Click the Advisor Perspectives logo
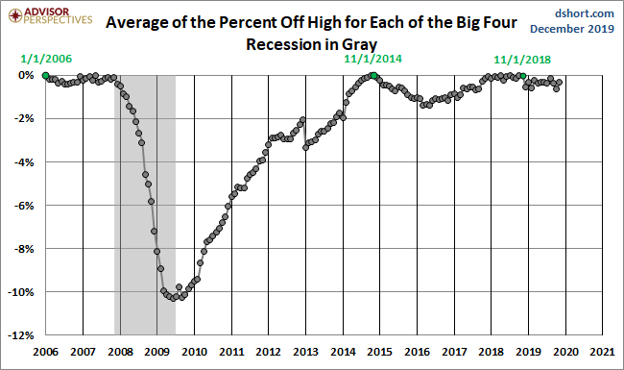point(48,16)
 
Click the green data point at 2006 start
point(45,75)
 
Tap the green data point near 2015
point(372,75)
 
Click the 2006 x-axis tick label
point(45,352)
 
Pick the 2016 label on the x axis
point(418,352)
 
